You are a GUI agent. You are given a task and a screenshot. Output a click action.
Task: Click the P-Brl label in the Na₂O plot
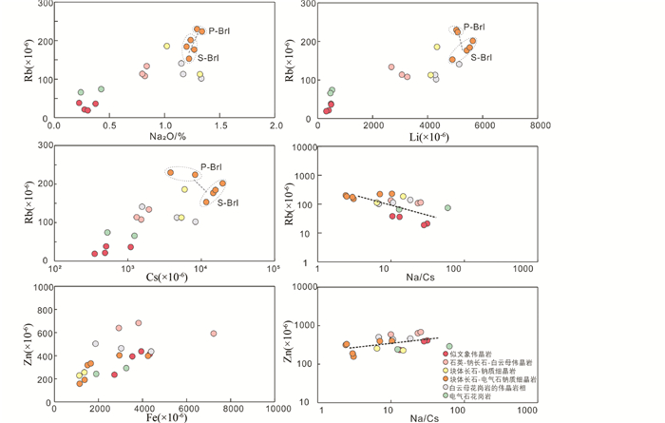219,31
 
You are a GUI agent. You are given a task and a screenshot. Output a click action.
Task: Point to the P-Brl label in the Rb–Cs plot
210,167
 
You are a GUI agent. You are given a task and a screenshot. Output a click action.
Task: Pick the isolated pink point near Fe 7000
214,334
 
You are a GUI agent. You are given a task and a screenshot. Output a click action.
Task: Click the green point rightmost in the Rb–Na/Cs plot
447,207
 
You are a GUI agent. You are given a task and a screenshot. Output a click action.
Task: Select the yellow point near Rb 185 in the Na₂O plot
166,46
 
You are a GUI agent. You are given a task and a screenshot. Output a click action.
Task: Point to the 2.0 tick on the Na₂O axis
275,125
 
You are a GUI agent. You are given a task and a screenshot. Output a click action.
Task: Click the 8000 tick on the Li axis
541,125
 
